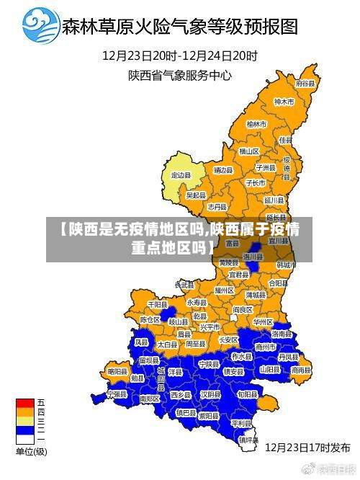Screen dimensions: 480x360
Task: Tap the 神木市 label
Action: (x=284, y=102)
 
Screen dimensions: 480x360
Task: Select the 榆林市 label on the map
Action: (x=256, y=125)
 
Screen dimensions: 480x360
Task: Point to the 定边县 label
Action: (x=181, y=175)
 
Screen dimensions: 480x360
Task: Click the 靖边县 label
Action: (x=223, y=170)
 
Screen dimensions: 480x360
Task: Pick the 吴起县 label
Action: (x=196, y=195)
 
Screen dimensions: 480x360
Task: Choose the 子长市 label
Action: (x=256, y=183)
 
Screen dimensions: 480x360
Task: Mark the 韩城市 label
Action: (x=286, y=265)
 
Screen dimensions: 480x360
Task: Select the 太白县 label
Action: (x=167, y=345)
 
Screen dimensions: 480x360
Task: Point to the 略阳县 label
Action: (x=117, y=370)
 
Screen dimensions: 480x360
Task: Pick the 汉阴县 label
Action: (x=210, y=395)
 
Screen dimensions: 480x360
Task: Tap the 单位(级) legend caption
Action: (x=31, y=452)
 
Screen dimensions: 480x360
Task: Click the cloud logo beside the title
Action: (x=40, y=25)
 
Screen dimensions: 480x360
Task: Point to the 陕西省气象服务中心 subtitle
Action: (x=179, y=74)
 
